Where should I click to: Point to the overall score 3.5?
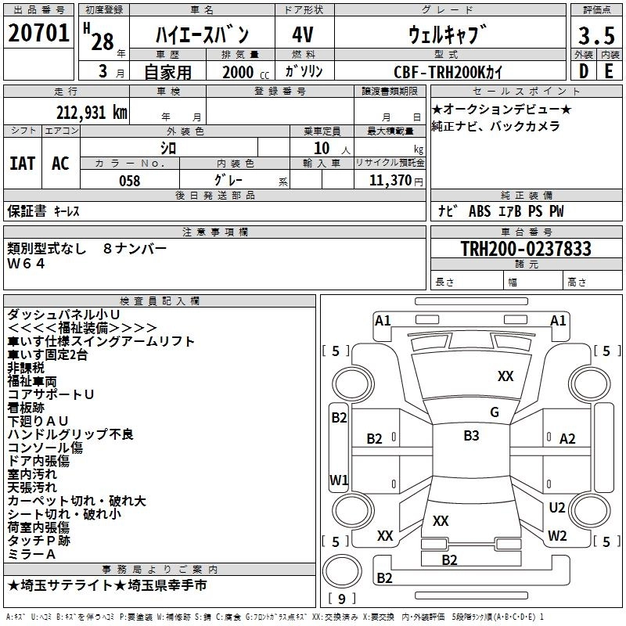pos(595,36)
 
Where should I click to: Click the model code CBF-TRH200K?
pos(448,72)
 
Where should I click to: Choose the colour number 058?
pos(130,181)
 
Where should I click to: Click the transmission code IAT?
pos(22,164)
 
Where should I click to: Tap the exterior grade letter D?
pos(583,71)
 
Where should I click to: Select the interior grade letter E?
pos(610,71)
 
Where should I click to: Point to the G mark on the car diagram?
pos(494,412)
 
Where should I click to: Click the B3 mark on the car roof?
pos(471,436)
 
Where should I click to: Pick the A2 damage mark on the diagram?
pos(567,439)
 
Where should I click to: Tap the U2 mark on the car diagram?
pos(556,508)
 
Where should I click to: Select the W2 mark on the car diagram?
pos(556,536)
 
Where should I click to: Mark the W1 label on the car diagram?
pos(338,480)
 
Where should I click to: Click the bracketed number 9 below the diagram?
pos(343,599)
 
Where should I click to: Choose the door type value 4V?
pos(303,34)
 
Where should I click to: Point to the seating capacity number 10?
pos(321,147)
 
